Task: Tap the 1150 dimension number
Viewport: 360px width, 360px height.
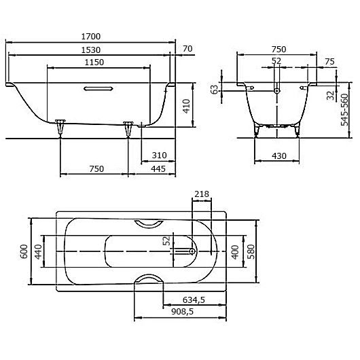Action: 99,62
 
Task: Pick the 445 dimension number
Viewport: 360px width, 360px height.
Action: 159,169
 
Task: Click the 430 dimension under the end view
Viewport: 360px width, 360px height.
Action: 279,156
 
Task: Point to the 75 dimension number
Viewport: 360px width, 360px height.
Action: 329,62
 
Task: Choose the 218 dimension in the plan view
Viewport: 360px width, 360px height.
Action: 202,195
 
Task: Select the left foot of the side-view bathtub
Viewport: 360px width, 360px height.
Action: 61,126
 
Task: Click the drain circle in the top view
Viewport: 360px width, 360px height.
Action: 193,251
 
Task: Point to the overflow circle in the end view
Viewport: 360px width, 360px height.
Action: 276,88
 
